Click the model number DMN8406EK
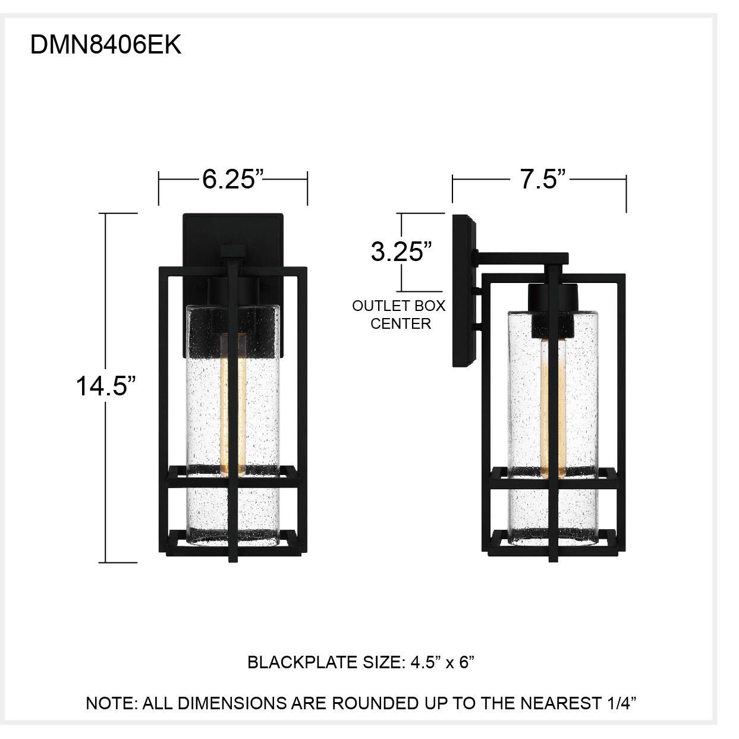pos(105,45)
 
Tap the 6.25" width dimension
pos(232,178)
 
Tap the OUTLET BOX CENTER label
pos(399,315)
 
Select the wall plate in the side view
pos(464,291)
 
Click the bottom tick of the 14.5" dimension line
pos(121,562)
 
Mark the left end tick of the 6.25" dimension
pos(159,188)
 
